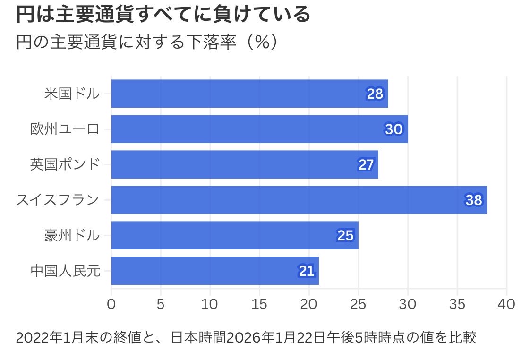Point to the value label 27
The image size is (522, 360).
(x=366, y=164)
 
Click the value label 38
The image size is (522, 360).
(x=473, y=200)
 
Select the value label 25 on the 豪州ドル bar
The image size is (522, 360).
(x=345, y=235)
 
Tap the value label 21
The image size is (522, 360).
(x=306, y=271)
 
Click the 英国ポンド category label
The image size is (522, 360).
(x=65, y=164)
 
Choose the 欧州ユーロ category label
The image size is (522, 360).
(x=65, y=129)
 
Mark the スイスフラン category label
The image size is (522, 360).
(x=58, y=200)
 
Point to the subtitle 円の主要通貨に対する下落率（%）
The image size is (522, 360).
(x=145, y=43)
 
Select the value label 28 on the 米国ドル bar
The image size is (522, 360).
(x=375, y=94)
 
